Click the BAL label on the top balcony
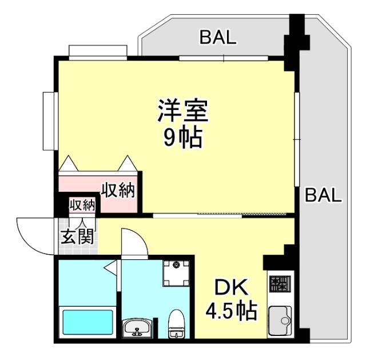pyautogui.click(x=217, y=38)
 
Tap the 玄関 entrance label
pyautogui.click(x=77, y=237)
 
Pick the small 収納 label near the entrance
pyautogui.click(x=82, y=205)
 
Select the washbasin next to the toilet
pyautogui.click(x=137, y=329)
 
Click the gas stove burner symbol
pyautogui.click(x=279, y=283)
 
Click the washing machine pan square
pyautogui.click(x=176, y=274)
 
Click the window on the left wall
pyautogui.click(x=48, y=120)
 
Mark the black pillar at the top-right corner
pyautogui.click(x=297, y=34)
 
